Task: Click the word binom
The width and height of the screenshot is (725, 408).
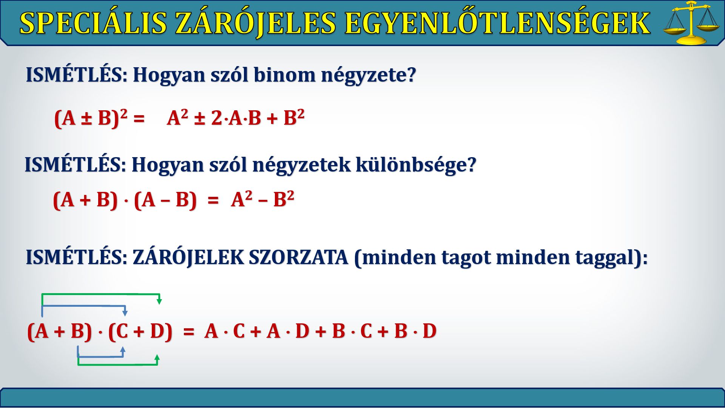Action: click(284, 74)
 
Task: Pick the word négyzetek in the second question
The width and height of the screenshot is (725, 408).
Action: click(301, 165)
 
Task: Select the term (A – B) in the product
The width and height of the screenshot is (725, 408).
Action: click(165, 199)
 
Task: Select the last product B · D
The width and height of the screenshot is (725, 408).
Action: click(415, 331)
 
